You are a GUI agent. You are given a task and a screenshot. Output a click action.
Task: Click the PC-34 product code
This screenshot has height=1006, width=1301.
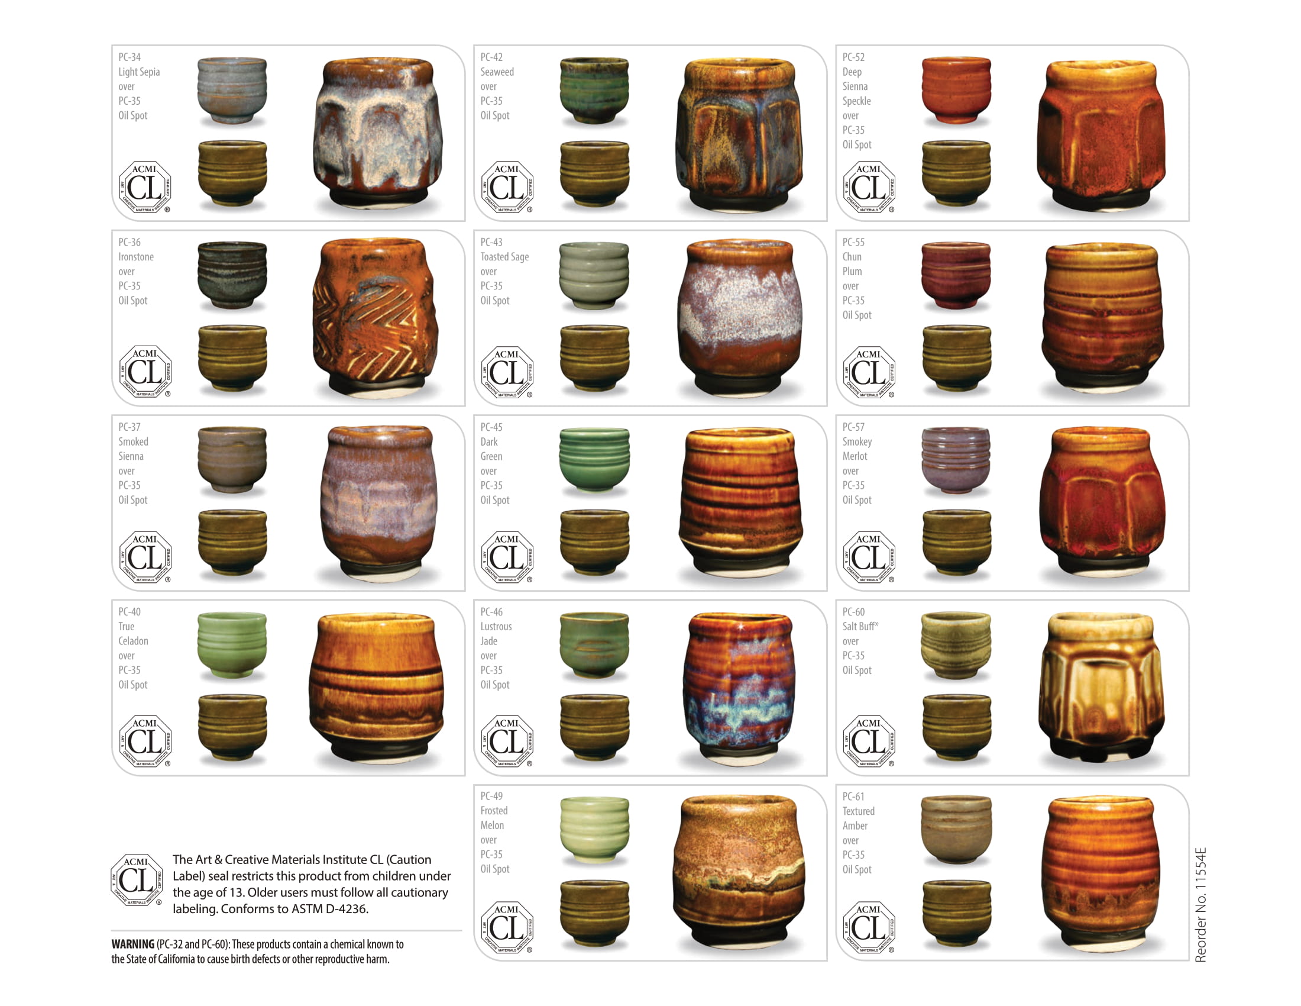pos(130,57)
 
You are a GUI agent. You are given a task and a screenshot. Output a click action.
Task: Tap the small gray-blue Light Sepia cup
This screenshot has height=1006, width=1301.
pos(232,89)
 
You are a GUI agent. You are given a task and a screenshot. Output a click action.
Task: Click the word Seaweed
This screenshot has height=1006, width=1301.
pos(497,72)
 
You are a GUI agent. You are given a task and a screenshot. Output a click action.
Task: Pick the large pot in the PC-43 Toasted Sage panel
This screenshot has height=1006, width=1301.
pos(740,317)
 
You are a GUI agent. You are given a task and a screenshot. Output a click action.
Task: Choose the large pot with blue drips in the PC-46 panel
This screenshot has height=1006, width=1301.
pos(740,688)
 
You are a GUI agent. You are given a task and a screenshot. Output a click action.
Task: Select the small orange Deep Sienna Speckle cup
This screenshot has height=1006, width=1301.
pos(956,89)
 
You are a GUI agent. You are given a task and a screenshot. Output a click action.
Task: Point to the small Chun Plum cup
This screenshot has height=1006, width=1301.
pos(956,275)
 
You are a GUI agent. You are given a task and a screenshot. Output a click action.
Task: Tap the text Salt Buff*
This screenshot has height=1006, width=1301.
pos(860,626)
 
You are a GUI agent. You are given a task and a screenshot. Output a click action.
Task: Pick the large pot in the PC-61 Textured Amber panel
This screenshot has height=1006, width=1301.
pos(1101,873)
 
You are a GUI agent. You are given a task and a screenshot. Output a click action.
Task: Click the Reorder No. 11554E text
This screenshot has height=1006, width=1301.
pos(1201,904)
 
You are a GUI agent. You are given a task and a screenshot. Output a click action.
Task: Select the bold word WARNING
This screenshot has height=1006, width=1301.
pos(133,944)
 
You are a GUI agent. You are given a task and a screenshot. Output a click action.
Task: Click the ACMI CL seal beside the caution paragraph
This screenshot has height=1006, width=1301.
pos(137,879)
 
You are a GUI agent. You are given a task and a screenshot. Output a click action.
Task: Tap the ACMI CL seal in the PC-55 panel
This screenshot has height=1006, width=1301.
pos(869,371)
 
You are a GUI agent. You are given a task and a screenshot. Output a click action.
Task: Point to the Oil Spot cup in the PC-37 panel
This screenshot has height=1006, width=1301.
pos(232,541)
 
